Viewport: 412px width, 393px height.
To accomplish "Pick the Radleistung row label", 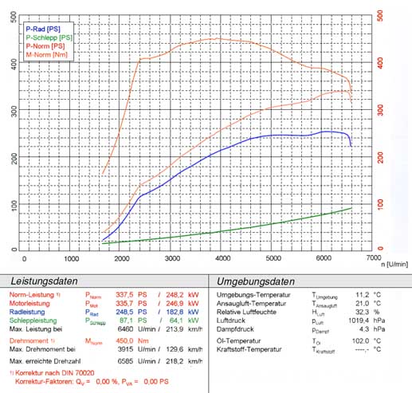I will [x=29, y=312].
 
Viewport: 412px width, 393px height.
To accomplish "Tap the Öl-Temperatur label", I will [x=242, y=340].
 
